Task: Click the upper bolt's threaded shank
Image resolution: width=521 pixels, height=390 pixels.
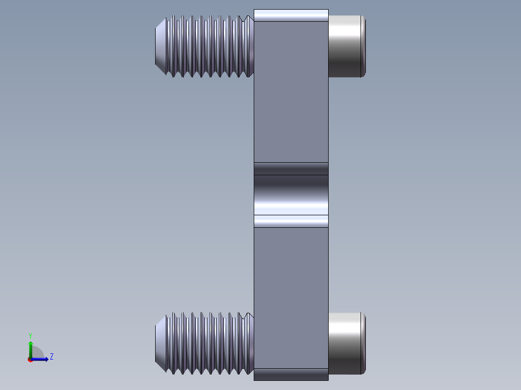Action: [210, 46]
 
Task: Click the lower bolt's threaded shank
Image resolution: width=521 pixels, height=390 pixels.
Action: [210, 343]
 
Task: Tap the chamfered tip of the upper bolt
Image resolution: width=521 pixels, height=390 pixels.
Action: [161, 46]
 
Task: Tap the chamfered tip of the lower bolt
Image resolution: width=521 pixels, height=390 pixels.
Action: [161, 343]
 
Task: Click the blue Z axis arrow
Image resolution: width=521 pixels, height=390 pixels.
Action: [40, 359]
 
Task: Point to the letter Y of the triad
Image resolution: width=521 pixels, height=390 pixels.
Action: [30, 336]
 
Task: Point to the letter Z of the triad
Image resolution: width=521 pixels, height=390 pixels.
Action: [52, 357]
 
